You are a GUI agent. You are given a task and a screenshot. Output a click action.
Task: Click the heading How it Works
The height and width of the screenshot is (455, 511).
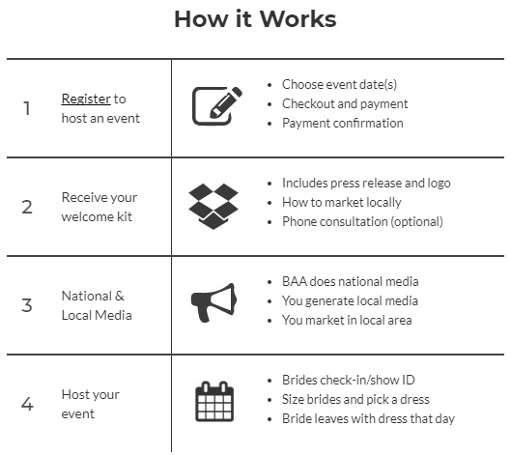pyautogui.click(x=255, y=19)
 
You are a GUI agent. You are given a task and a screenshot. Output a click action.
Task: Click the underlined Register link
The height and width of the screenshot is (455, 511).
pyautogui.click(x=86, y=99)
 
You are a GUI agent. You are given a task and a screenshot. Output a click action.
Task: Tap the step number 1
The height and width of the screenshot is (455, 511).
pyautogui.click(x=27, y=108)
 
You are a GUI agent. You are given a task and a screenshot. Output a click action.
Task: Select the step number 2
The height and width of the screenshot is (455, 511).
pyautogui.click(x=27, y=207)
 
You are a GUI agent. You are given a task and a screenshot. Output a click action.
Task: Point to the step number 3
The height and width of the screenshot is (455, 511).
pyautogui.click(x=27, y=305)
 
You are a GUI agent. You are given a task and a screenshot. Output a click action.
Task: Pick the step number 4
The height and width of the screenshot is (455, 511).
pyautogui.click(x=27, y=404)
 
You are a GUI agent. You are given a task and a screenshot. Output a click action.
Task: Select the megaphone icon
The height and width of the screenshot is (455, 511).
pyautogui.click(x=213, y=302)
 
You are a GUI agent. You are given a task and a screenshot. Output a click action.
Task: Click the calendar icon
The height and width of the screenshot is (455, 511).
pyautogui.click(x=214, y=402)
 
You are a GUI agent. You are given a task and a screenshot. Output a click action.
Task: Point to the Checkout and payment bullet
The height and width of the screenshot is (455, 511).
pyautogui.click(x=344, y=104)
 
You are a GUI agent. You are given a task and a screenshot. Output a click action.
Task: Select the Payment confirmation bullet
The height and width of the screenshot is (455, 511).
pyautogui.click(x=342, y=124)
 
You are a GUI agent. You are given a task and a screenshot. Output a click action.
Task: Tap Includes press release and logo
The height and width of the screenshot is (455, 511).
pyautogui.click(x=365, y=183)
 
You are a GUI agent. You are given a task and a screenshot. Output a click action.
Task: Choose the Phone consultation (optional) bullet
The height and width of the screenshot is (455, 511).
pyautogui.click(x=361, y=221)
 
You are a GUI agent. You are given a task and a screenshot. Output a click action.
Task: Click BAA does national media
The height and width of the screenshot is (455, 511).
pyautogui.click(x=350, y=281)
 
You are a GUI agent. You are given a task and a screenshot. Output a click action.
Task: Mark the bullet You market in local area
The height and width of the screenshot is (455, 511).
pyautogui.click(x=346, y=321)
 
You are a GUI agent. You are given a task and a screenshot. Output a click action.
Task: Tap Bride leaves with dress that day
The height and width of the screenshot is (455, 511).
pyautogui.click(x=367, y=419)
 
